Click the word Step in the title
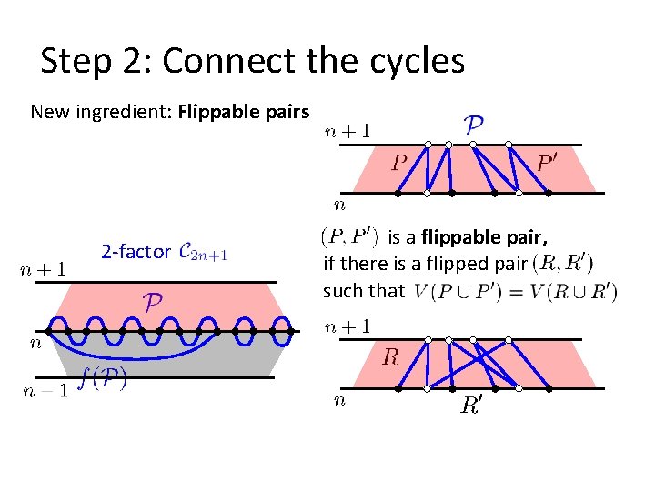[x=79, y=62]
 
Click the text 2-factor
[x=135, y=251]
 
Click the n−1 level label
[x=43, y=391]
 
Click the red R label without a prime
[x=390, y=357]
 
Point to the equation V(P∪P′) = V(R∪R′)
[x=515, y=292]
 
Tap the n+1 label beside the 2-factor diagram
[x=43, y=269]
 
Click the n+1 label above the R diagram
[x=348, y=327]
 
